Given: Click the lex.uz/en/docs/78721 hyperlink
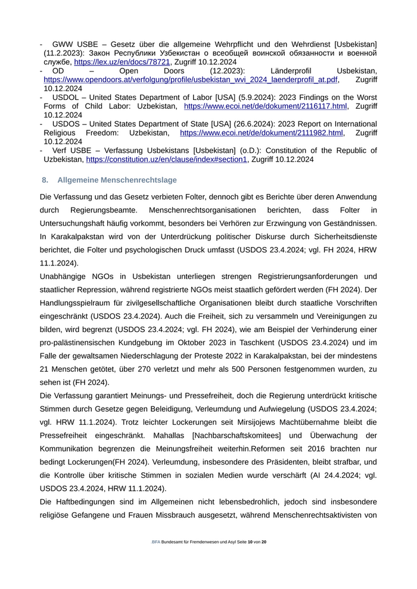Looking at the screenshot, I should tap(122, 61).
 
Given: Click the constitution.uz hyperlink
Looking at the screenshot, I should tap(166, 159).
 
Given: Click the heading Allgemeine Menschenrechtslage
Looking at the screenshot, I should tap(117, 180).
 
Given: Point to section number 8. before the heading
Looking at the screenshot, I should tap(45, 180).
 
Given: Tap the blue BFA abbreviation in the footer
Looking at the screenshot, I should tap(156, 542).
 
